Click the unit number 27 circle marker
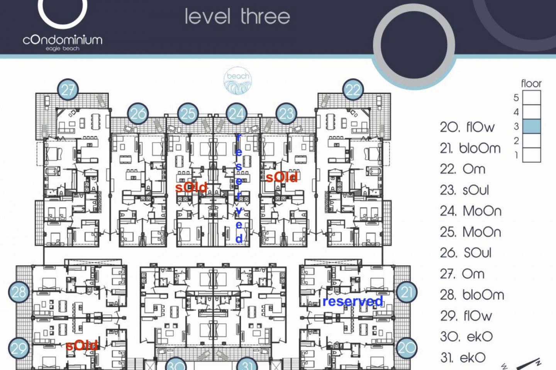click(x=68, y=89)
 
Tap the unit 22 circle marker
click(x=353, y=89)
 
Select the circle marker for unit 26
click(x=138, y=113)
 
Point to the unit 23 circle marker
click(x=286, y=113)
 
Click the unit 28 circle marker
click(x=19, y=292)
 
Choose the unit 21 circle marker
click(x=407, y=292)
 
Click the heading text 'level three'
click(x=237, y=17)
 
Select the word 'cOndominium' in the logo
click(x=63, y=40)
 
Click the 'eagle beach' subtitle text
click(x=63, y=49)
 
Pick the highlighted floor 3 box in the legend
click(x=531, y=126)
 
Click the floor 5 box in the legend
click(x=531, y=98)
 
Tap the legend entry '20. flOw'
click(x=467, y=128)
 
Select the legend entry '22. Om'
click(x=463, y=169)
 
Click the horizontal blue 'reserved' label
click(x=353, y=301)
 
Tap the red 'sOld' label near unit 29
click(x=82, y=345)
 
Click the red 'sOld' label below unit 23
click(x=281, y=177)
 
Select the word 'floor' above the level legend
click(x=531, y=84)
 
